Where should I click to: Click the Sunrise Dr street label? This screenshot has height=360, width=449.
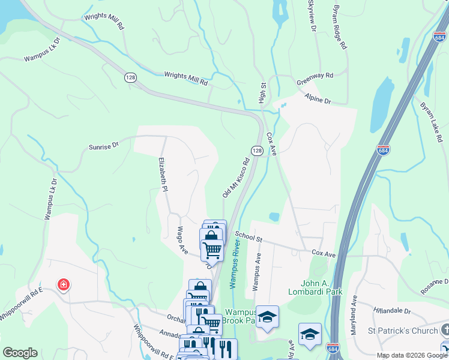tap(104, 145)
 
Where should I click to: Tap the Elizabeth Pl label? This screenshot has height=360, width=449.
tap(162, 174)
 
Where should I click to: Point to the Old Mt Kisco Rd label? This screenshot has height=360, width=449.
tap(235, 178)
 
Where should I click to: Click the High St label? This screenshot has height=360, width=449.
tap(262, 93)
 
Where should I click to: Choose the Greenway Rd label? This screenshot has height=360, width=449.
tap(315, 76)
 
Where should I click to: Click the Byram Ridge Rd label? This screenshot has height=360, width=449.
tap(340, 28)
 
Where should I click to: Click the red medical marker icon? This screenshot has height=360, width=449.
tap(62, 285)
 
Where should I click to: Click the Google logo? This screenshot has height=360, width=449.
tap(20, 353)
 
